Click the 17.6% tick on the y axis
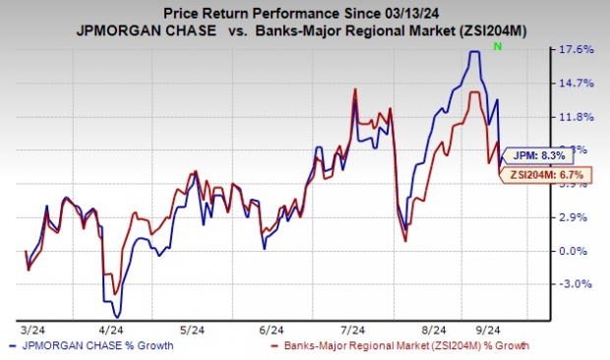[577, 49]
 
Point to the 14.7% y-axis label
[577, 84]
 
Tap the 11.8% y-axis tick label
[577, 117]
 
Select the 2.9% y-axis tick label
[579, 216]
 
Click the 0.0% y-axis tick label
[579, 251]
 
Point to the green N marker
[499, 46]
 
